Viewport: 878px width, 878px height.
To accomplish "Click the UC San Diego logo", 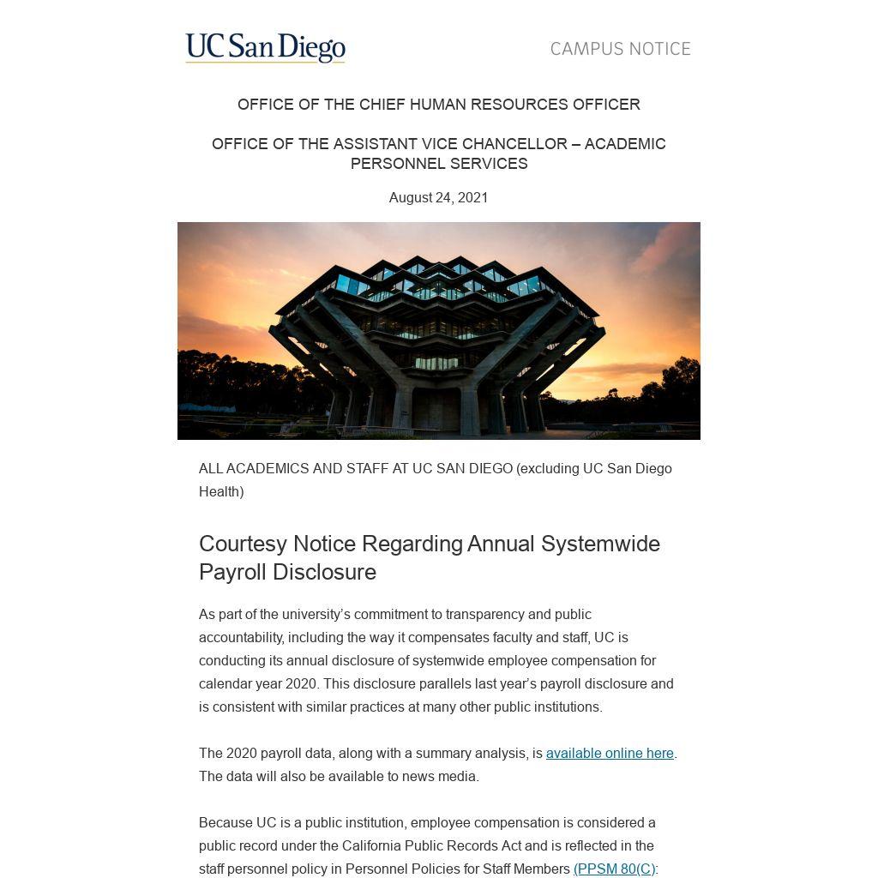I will coord(265,48).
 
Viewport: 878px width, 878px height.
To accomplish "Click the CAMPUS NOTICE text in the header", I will coord(620,49).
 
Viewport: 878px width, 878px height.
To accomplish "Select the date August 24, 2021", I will coord(438,198).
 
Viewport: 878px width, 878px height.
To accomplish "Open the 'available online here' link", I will coord(610,754).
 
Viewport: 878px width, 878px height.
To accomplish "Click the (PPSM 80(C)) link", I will coord(614,869).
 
